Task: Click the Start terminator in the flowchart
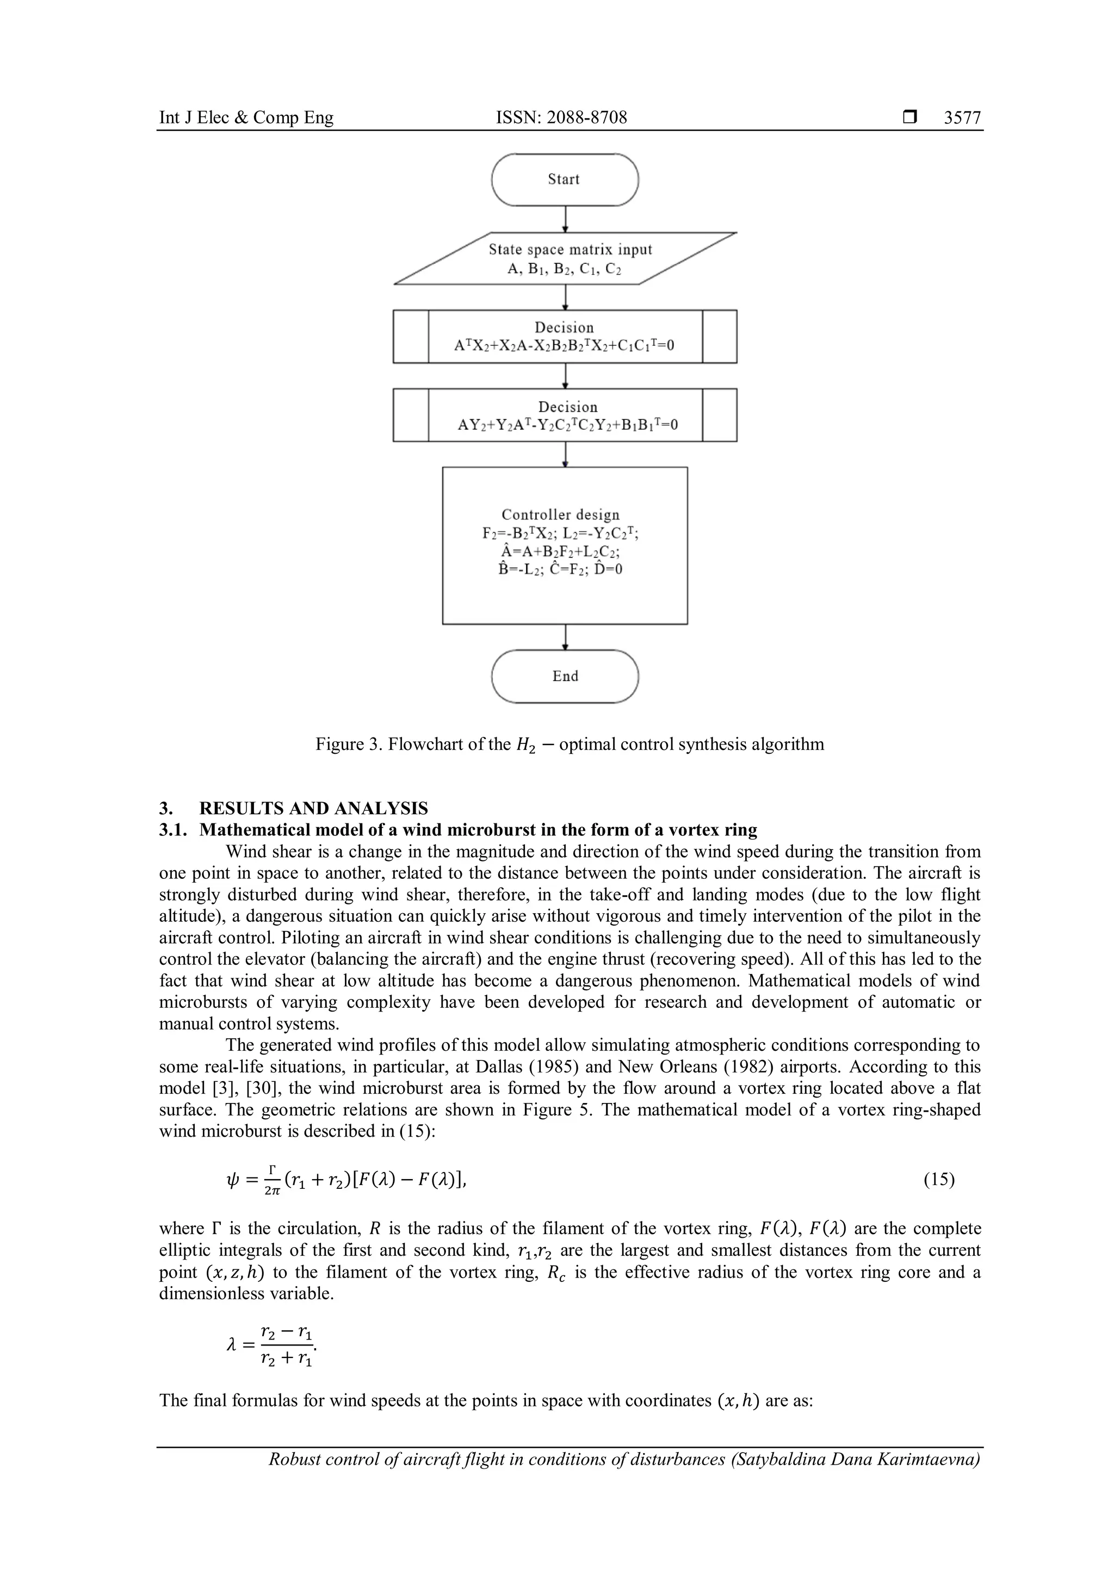(565, 179)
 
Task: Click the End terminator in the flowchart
(565, 677)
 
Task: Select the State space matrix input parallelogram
(565, 259)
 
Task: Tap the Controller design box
(565, 545)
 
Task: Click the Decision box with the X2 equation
(565, 337)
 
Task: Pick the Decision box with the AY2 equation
(565, 416)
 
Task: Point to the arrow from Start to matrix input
(565, 220)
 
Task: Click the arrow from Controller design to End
(565, 637)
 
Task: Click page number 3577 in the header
(962, 118)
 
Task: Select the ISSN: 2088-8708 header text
(561, 118)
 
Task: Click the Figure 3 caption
(570, 745)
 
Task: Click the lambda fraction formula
(271, 1345)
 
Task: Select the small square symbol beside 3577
(909, 118)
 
